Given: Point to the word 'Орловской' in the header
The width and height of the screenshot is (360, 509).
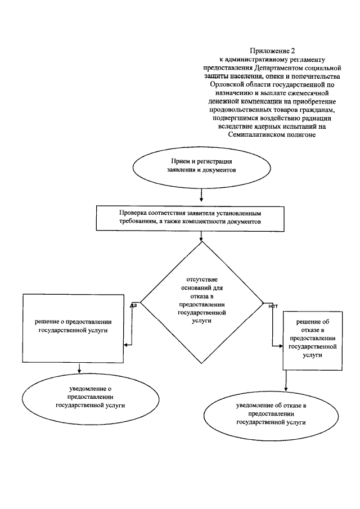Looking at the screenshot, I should (x=228, y=84).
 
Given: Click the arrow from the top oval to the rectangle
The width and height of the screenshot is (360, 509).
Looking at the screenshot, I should (x=201, y=195).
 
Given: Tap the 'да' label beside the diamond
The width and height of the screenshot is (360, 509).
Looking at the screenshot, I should (x=134, y=305).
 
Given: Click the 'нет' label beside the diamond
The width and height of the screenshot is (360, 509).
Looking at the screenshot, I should (x=273, y=306).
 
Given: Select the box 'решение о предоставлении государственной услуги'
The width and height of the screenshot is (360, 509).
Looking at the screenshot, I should (x=73, y=326).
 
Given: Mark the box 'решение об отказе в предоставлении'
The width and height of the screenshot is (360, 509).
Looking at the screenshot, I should (x=312, y=339).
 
